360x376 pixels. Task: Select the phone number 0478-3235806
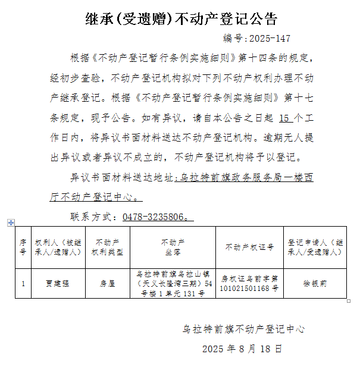tap(155, 217)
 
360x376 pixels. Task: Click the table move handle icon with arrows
tap(10, 223)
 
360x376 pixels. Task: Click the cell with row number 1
tap(23, 284)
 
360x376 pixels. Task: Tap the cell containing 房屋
tap(107, 284)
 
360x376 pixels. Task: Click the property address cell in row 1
tap(173, 284)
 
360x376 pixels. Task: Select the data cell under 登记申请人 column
tap(315, 284)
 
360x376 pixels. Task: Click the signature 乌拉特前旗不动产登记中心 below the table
tap(243, 328)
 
